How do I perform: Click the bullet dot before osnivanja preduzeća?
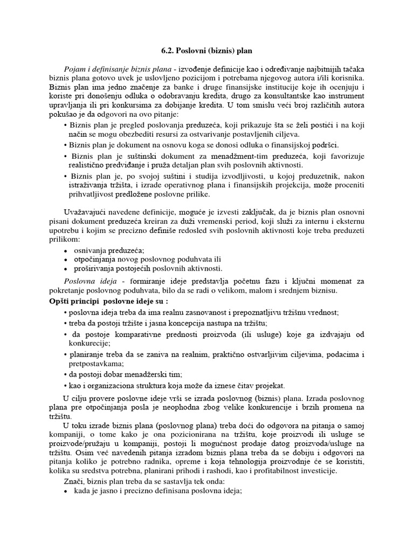click(x=65, y=250)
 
